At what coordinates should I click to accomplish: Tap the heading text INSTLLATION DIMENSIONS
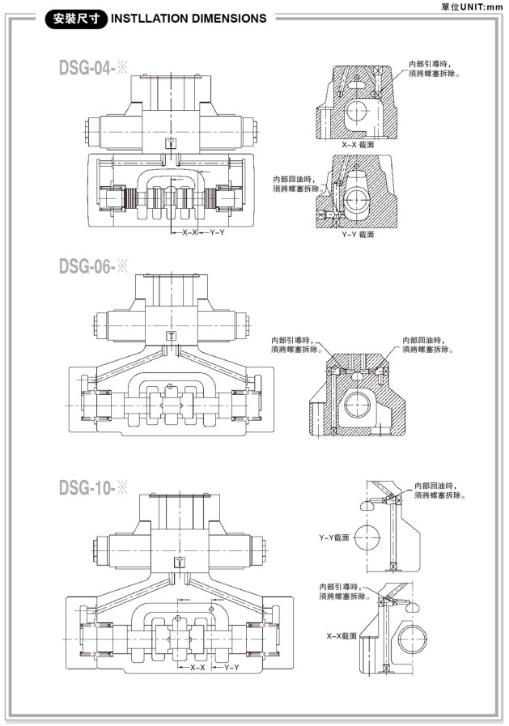189,19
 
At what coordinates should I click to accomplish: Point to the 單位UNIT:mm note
472,6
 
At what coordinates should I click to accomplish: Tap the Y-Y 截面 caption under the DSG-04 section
357,234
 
